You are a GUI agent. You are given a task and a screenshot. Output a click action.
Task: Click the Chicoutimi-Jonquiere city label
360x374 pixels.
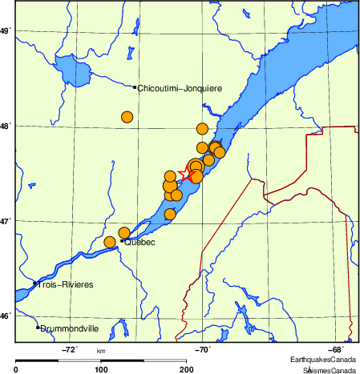(x=180, y=88)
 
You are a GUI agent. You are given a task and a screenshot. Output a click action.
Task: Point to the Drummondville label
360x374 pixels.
(x=71, y=328)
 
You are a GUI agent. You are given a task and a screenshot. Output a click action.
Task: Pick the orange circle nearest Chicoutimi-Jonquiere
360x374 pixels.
(x=127, y=117)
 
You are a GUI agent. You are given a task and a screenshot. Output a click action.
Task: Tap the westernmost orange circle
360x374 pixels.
(x=110, y=242)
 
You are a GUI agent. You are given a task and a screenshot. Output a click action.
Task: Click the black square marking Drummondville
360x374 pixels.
(x=38, y=328)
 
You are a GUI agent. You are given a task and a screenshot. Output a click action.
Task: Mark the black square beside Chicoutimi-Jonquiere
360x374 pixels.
(x=135, y=87)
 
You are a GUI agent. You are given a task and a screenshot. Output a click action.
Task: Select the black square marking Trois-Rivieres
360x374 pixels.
(x=34, y=284)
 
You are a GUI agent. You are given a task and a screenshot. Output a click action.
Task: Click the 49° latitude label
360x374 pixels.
(x=6, y=31)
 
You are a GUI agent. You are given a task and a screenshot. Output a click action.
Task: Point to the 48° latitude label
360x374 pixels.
(x=6, y=126)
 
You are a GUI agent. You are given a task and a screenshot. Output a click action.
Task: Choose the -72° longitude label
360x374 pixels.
(x=70, y=349)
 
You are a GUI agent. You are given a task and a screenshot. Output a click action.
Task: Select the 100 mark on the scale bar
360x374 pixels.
(x=101, y=369)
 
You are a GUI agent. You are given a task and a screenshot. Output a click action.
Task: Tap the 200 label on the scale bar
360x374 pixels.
(x=188, y=369)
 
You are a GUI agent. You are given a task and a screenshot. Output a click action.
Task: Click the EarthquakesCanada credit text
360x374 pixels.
(x=325, y=359)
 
